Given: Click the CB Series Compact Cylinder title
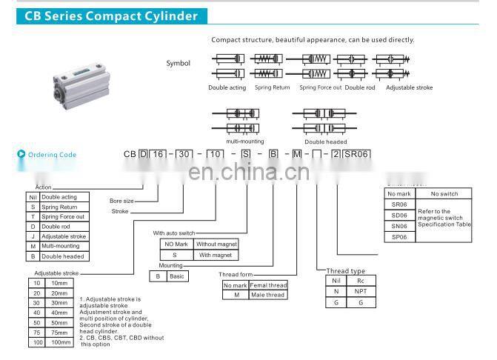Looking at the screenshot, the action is point(111,16).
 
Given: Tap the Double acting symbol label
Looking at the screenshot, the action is point(227,87).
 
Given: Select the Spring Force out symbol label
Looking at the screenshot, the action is point(320,87).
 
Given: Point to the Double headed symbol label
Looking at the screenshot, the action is point(325,141).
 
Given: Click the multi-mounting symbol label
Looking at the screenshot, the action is point(245,141).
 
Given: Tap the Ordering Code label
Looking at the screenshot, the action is point(52,155).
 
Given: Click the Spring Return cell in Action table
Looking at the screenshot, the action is point(62,207).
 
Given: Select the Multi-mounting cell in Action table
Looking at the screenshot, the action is point(62,246).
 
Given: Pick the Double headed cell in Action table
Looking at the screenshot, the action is point(62,256).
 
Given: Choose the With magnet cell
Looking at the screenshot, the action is point(215,254).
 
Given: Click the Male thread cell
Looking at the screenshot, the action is point(268,295).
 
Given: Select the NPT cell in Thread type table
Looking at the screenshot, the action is point(359,292).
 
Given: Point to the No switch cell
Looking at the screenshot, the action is point(444,194).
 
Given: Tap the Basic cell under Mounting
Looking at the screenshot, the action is point(177,276).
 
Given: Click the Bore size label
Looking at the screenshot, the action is point(121,201).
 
